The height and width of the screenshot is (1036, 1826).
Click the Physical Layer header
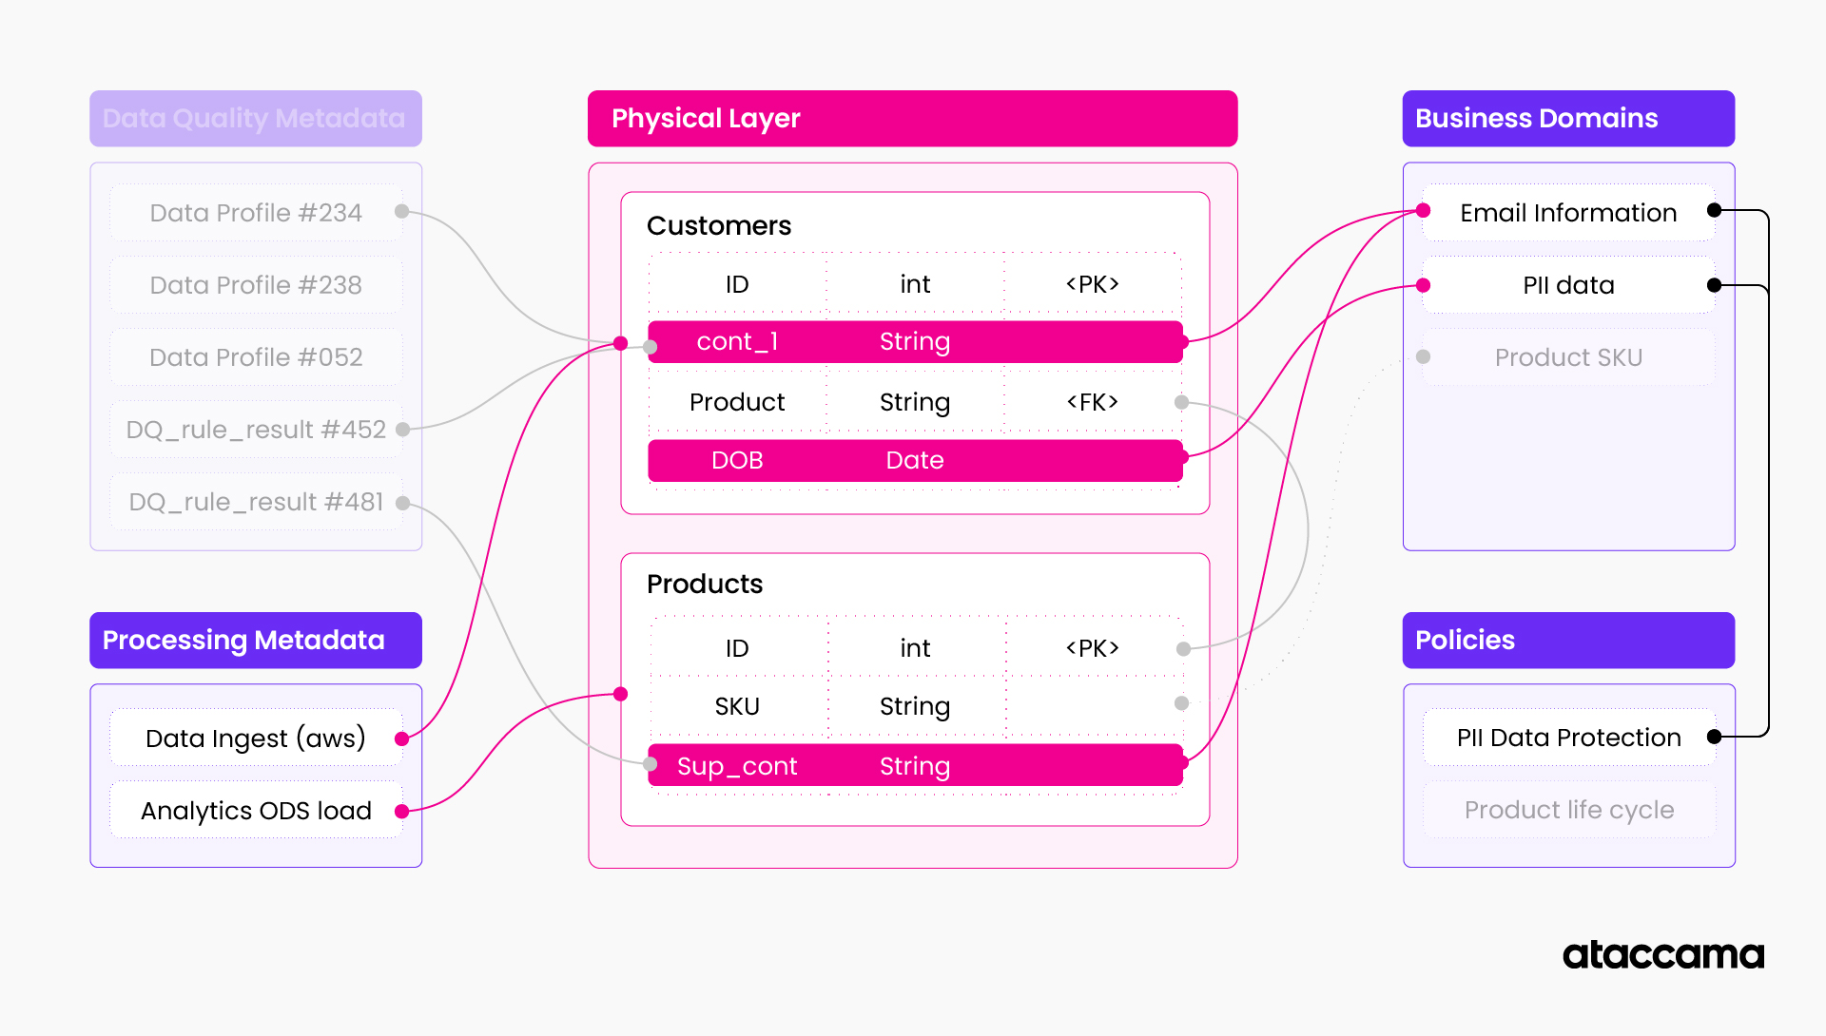point(911,119)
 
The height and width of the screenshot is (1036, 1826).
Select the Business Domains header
point(1567,119)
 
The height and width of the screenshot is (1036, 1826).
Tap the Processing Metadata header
point(255,641)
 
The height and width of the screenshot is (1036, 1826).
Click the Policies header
point(1567,641)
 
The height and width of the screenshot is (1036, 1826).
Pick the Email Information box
point(1567,213)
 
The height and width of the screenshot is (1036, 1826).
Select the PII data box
point(1567,285)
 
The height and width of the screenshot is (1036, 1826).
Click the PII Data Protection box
point(1567,738)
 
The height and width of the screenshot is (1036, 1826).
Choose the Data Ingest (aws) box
point(255,739)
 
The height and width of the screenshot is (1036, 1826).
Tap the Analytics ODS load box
point(255,811)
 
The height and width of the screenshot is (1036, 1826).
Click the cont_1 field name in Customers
point(737,342)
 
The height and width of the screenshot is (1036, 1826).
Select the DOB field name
point(737,461)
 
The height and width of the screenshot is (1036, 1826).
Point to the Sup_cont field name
point(737,766)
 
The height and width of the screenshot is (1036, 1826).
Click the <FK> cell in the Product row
point(1092,402)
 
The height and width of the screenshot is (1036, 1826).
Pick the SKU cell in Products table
point(737,706)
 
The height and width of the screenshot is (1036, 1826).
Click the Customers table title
point(718,226)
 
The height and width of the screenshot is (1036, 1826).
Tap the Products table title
point(704,585)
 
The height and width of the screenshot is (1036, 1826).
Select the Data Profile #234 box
point(255,213)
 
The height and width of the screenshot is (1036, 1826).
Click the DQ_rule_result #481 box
point(255,502)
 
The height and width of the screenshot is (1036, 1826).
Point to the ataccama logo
point(1662,955)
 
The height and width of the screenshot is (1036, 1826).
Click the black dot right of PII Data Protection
point(1714,737)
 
